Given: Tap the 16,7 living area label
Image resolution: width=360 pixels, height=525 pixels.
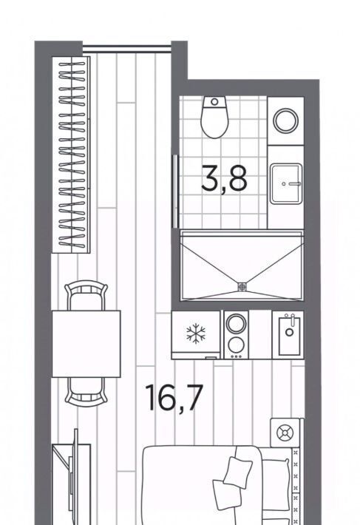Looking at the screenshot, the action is pos(174,397).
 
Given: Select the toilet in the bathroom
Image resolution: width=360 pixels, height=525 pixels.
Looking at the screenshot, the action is pos(214,117).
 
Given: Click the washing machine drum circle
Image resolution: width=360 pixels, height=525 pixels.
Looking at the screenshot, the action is pos(286,121).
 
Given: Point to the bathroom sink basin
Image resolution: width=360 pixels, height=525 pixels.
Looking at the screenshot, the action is pos(286,183).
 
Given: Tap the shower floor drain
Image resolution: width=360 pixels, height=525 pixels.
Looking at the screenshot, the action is pos(242,287).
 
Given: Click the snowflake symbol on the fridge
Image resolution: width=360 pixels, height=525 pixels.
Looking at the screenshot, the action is pos(196,333).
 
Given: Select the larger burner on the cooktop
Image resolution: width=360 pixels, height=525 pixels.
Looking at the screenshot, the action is pos(237,323).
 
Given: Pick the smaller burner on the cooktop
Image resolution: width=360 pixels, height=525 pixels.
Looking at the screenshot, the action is pos(237,345).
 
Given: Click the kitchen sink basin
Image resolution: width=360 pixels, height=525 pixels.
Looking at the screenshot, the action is pos(290,336).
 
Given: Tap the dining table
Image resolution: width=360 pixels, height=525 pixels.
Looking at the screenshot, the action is pos(86,344).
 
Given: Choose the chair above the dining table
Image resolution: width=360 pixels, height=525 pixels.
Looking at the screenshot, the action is pos(86,295).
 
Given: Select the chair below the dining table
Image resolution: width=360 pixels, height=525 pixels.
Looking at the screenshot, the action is pos(86,392).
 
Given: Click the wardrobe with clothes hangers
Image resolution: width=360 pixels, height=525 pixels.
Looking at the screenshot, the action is pos(71,155).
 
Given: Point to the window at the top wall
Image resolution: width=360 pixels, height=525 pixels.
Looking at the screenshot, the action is pos(127,49).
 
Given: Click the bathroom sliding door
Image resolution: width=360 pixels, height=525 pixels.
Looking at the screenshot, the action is pos(175,192).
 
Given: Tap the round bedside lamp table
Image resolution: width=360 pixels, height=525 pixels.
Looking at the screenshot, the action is pos(285,433).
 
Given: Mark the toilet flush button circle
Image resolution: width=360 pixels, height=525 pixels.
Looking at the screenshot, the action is pos(214,101).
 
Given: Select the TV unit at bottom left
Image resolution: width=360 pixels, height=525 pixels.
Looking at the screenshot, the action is pos(71,482).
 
